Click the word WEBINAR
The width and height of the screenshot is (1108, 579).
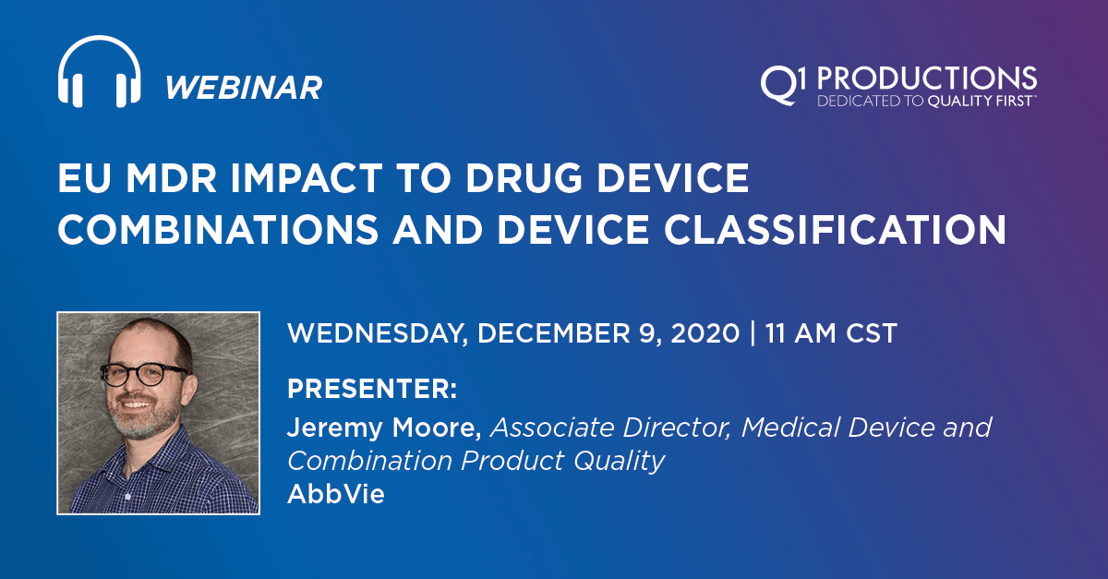244,88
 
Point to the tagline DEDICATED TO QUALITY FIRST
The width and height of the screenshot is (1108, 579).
927,102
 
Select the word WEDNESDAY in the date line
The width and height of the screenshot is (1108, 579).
378,333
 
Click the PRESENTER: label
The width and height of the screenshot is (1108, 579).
372,389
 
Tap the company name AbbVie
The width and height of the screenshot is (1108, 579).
335,494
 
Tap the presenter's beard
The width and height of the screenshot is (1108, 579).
138,424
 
